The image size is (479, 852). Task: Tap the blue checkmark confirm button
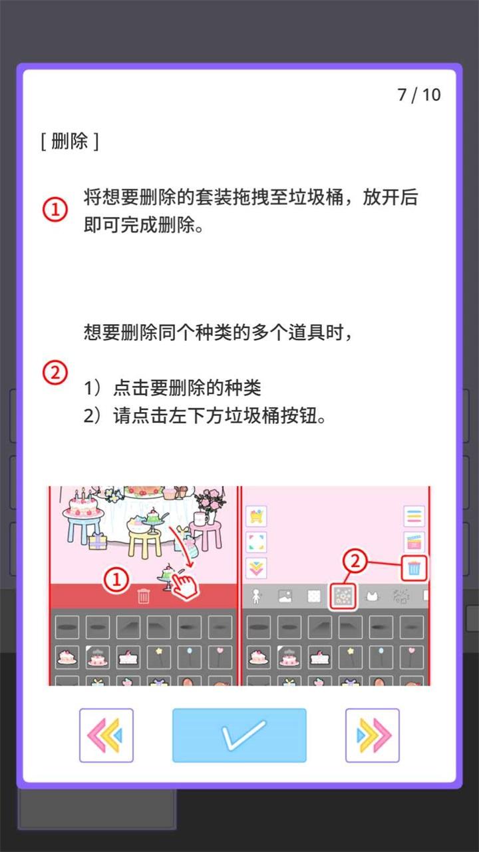pyautogui.click(x=239, y=735)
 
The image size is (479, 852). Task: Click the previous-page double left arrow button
pyautogui.click(x=106, y=735)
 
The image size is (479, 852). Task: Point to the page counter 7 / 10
pyautogui.click(x=419, y=95)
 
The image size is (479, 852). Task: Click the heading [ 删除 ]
pyautogui.click(x=69, y=141)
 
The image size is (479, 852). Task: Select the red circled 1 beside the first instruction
pyautogui.click(x=55, y=210)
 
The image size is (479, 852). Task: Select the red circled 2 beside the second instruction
pyautogui.click(x=55, y=373)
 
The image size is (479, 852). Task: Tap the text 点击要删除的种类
pyautogui.click(x=187, y=388)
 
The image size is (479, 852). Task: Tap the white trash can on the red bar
pyautogui.click(x=144, y=596)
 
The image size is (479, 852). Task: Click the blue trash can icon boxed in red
pyautogui.click(x=414, y=568)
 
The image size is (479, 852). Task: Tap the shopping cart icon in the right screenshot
pyautogui.click(x=256, y=516)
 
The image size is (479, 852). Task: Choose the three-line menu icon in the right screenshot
pyautogui.click(x=414, y=516)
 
